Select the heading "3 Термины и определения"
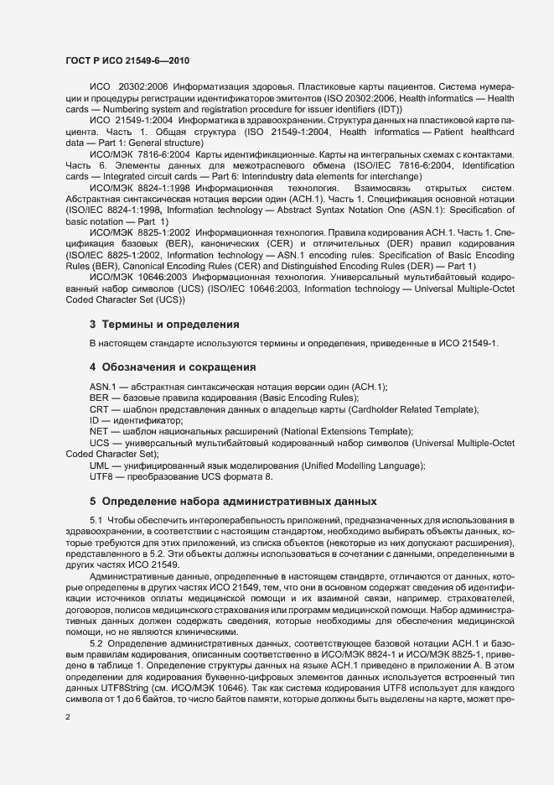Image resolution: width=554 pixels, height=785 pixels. coord(165,324)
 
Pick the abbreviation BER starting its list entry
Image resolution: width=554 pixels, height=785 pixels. coord(99,397)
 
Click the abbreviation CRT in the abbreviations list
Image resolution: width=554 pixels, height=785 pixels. coord(100,408)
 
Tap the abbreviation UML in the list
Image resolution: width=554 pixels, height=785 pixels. coord(100,465)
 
